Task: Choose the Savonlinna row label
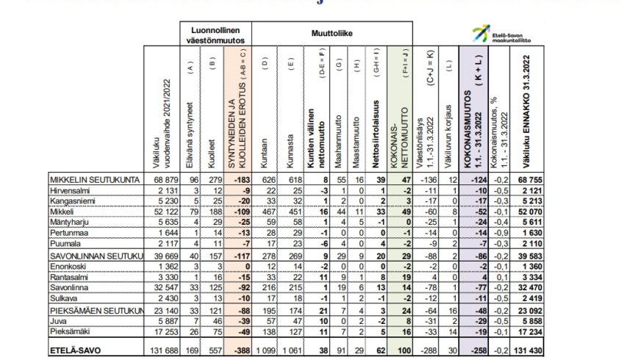67,289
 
